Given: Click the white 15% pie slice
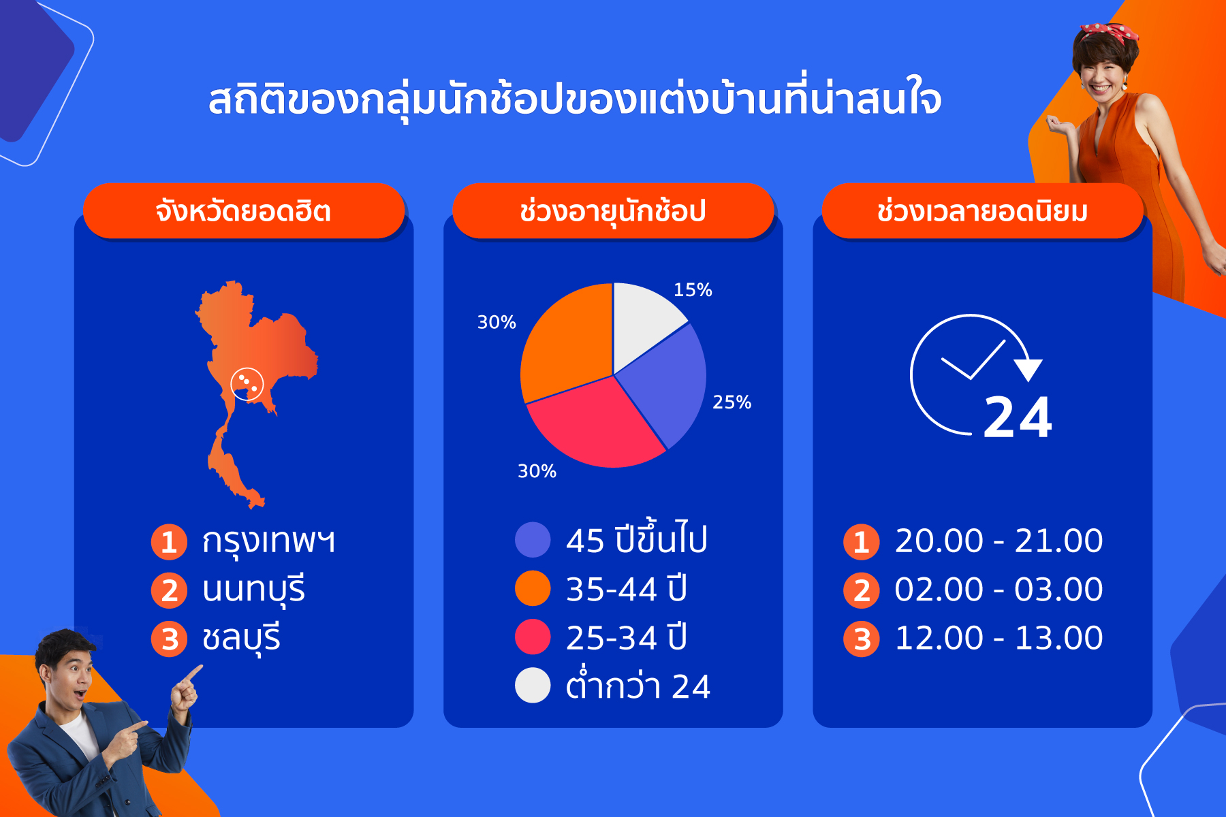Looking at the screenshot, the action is [x=644, y=320].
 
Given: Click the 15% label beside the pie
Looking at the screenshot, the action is [x=693, y=290].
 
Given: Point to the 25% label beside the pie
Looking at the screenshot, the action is [x=732, y=402].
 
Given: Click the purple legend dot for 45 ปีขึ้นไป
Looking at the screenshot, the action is [x=533, y=540].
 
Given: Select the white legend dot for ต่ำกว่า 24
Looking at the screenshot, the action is [x=533, y=686].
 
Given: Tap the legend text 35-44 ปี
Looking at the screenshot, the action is [x=627, y=589].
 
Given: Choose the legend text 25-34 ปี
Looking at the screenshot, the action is [x=627, y=637].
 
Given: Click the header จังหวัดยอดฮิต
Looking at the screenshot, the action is [x=243, y=211].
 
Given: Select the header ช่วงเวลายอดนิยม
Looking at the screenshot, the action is [x=982, y=211].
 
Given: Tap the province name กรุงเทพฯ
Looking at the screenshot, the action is [x=268, y=541].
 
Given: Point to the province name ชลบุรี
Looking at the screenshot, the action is [x=241, y=639].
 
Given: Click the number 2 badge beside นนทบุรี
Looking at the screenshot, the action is [x=169, y=590].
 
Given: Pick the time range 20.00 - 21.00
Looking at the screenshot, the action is [x=999, y=541].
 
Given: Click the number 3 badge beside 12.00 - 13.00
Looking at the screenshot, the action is [x=862, y=639].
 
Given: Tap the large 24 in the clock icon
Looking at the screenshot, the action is [x=1018, y=417].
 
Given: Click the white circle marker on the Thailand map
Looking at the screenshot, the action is [x=247, y=384].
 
